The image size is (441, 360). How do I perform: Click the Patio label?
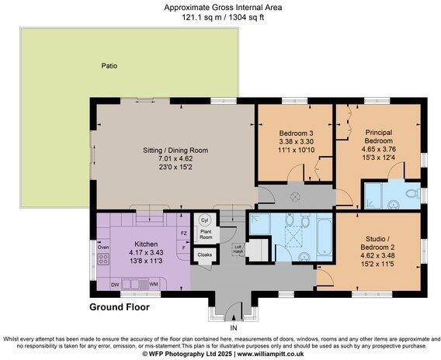[x=109, y=66]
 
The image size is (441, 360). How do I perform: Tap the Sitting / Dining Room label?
[x=175, y=150]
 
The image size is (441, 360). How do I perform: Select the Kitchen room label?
[x=146, y=244]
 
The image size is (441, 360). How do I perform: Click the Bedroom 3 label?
[x=296, y=133]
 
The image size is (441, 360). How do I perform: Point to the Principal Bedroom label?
[x=379, y=137]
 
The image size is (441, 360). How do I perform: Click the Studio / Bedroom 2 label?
[x=377, y=243]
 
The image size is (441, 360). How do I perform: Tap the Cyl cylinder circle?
[x=204, y=220]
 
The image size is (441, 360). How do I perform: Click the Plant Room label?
[x=206, y=234]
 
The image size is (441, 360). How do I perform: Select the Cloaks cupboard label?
[x=205, y=255]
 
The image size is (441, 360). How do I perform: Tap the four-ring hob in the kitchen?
[x=103, y=259]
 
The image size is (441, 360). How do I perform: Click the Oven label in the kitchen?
[x=103, y=247]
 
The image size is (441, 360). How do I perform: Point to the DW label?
[x=115, y=285]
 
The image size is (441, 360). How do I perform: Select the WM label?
[x=154, y=285]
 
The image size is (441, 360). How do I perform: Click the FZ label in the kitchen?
[x=184, y=234]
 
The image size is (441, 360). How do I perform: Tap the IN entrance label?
[x=234, y=327]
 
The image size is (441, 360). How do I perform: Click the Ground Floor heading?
[x=120, y=307]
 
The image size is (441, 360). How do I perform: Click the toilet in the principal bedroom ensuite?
[x=411, y=193]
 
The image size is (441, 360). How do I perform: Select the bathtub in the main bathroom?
[x=325, y=237]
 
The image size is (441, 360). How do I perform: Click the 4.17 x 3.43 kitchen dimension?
[x=146, y=253]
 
